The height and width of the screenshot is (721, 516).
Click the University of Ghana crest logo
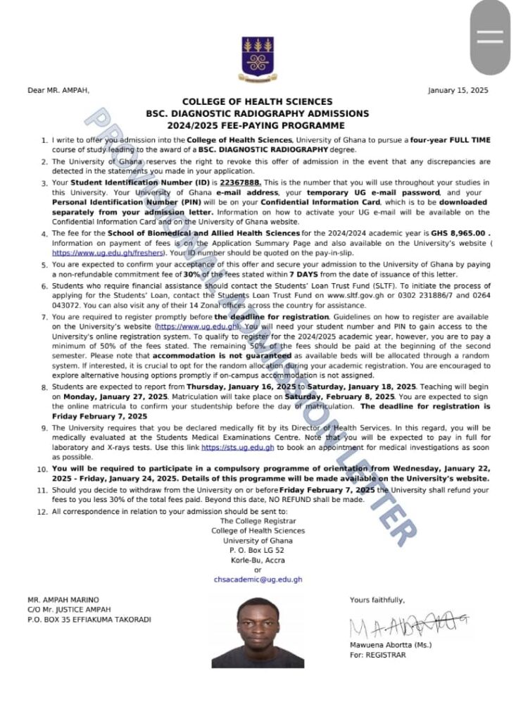[258, 56]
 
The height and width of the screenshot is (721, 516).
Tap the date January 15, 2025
[458, 90]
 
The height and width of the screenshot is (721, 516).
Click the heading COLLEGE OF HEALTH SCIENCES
[258, 102]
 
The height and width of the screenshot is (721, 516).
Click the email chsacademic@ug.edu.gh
[258, 579]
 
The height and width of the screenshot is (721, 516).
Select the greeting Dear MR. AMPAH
[58, 90]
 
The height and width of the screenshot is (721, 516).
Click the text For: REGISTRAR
[377, 655]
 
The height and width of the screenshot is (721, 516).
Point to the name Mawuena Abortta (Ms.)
[391, 645]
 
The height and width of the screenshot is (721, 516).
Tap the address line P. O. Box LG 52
[258, 550]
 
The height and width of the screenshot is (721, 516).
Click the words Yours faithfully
[377, 600]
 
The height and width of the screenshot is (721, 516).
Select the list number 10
[43, 469]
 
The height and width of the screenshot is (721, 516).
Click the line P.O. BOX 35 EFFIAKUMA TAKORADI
[88, 619]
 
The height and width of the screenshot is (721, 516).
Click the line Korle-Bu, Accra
[258, 560]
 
